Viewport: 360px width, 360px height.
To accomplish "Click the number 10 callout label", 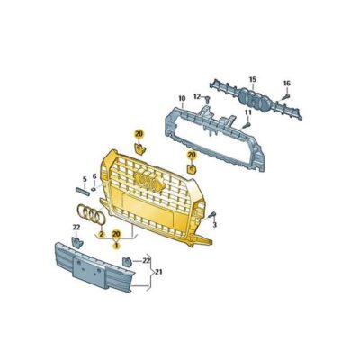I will coord(181,98).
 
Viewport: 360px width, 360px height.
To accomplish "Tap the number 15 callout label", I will coord(253,80).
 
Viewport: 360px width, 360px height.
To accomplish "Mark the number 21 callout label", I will coord(158,271).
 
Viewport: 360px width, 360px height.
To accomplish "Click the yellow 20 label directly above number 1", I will coord(115,234).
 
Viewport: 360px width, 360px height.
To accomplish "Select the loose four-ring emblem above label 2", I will coord(91,215).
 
